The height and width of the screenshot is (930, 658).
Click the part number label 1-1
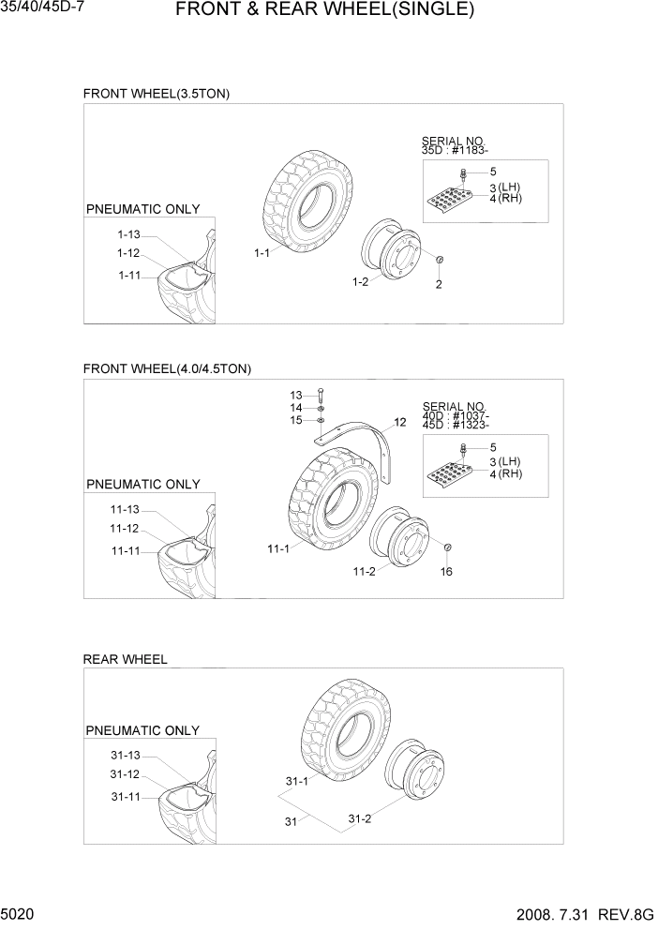click(x=262, y=253)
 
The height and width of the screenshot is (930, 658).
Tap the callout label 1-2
click(x=360, y=281)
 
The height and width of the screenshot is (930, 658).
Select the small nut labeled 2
click(x=440, y=260)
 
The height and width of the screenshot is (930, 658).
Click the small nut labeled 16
click(x=447, y=547)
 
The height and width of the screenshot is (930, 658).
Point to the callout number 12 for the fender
click(x=400, y=423)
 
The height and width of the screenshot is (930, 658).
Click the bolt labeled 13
click(x=321, y=395)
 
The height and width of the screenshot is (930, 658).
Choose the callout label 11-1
click(x=278, y=549)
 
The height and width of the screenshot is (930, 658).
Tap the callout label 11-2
click(x=366, y=571)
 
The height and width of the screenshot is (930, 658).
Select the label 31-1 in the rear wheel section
click(x=296, y=781)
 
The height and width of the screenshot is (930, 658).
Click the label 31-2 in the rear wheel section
click(x=360, y=818)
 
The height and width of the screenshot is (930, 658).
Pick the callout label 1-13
click(x=128, y=234)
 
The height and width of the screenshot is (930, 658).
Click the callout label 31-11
click(x=125, y=797)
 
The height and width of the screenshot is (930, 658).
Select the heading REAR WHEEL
click(x=125, y=659)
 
